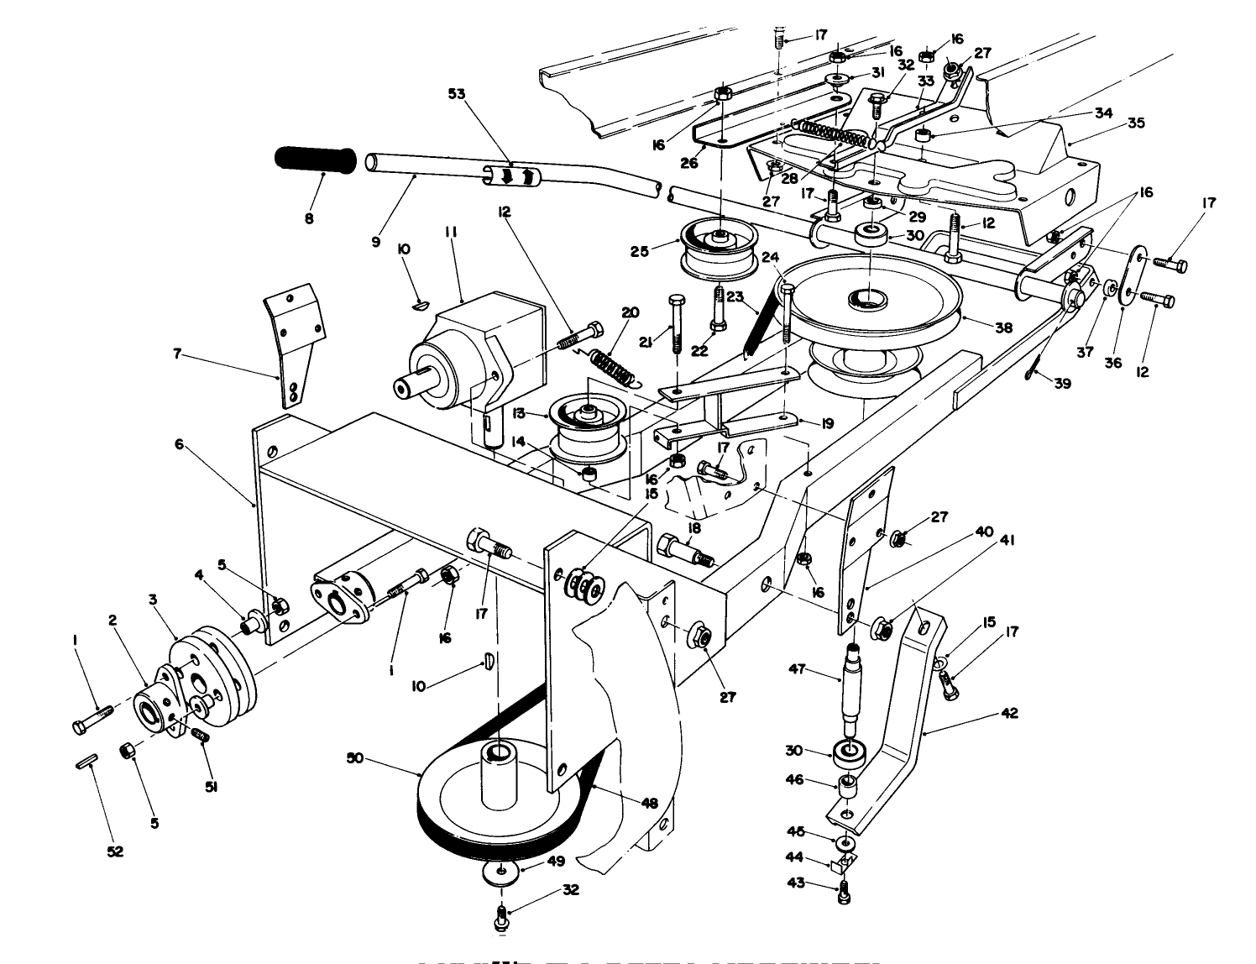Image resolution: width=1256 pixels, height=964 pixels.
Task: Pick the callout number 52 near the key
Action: click(x=115, y=851)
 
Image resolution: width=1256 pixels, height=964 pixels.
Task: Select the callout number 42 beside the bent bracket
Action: click(x=1009, y=713)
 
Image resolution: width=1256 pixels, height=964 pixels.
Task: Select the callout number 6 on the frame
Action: click(x=178, y=444)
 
